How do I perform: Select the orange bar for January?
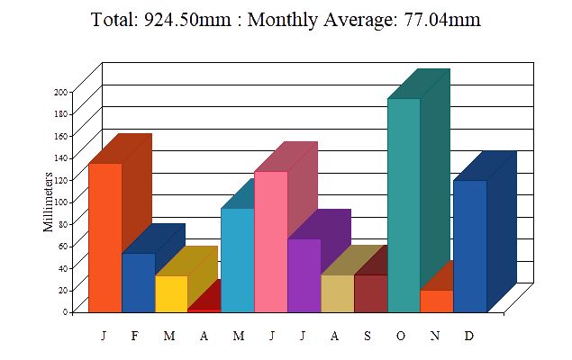pos(104,238)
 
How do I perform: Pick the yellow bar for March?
pos(171,293)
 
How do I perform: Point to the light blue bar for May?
pos(237,260)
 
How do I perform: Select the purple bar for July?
pos(304,275)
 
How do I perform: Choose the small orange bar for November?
pos(437,301)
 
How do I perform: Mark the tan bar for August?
pos(337,293)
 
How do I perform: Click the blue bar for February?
pos(138,283)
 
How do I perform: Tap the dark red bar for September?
pos(370,293)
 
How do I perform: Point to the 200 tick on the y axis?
pos(61,92)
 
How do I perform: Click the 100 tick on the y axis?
pos(61,202)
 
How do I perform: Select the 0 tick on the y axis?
pos(65,311)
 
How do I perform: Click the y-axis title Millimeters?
pos(49,202)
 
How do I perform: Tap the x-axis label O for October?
pos(401,336)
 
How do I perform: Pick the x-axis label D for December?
pos(469,336)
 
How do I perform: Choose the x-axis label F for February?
pos(135,336)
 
